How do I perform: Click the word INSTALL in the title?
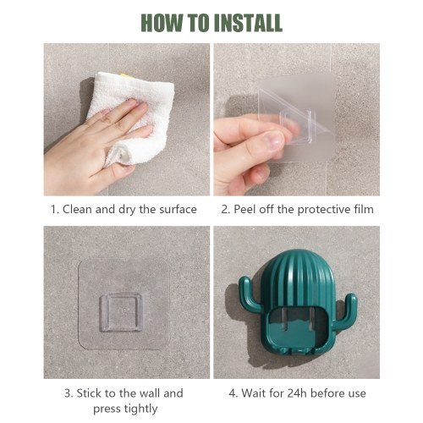pyautogui.click(x=248, y=23)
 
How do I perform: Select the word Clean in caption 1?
pyautogui.click(x=78, y=210)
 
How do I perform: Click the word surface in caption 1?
pyautogui.click(x=178, y=210)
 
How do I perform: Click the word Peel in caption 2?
pyautogui.click(x=244, y=210)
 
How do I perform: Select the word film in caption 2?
pyautogui.click(x=364, y=210)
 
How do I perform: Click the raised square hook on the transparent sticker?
pyautogui.click(x=122, y=312)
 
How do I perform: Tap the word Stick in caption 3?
pyautogui.click(x=90, y=393)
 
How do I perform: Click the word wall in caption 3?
pyautogui.click(x=149, y=393)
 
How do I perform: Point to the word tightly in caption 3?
pyautogui.click(x=140, y=409)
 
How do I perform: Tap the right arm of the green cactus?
pyautogui.click(x=349, y=308)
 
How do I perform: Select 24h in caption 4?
pyautogui.click(x=297, y=393)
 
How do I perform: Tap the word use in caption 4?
pyautogui.click(x=357, y=394)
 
